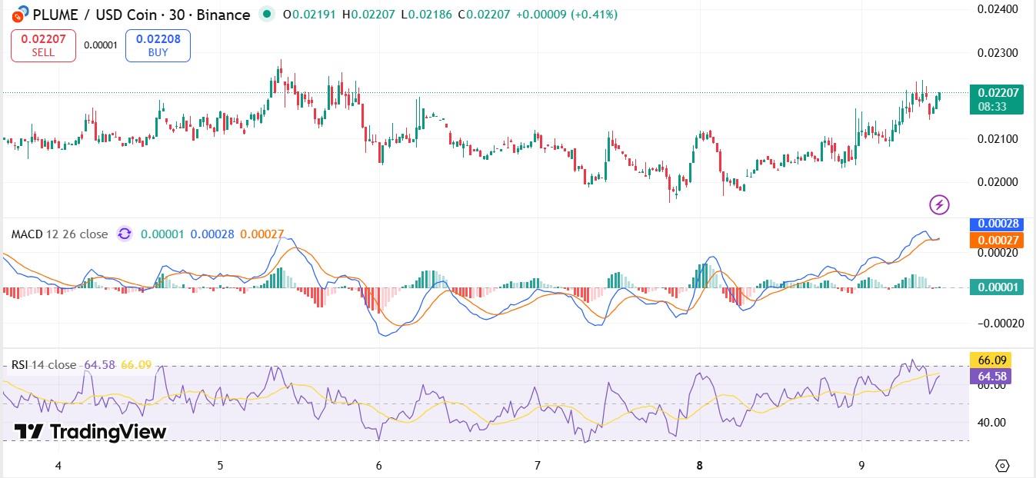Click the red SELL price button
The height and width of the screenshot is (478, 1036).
(43, 45)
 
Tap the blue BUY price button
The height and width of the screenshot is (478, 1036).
(158, 45)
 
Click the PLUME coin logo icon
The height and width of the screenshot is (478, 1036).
(15, 14)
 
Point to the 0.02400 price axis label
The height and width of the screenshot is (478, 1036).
(998, 9)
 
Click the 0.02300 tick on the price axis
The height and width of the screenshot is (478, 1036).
(998, 53)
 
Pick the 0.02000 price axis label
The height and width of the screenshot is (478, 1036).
(998, 182)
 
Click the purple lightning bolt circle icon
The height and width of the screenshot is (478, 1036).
(939, 204)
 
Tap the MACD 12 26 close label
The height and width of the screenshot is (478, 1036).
(59, 234)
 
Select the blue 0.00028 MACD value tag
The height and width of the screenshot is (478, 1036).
(997, 224)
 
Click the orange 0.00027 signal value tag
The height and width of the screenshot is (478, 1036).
(997, 241)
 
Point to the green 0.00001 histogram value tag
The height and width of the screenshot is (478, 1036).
(997, 287)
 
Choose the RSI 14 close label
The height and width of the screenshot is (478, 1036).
(44, 364)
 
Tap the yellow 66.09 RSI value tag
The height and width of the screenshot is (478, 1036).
(990, 360)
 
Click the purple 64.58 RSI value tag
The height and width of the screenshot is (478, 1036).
(990, 377)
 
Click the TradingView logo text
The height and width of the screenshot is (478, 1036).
(91, 432)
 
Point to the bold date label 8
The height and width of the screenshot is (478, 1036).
(699, 465)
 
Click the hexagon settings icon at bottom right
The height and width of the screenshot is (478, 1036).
(1002, 465)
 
